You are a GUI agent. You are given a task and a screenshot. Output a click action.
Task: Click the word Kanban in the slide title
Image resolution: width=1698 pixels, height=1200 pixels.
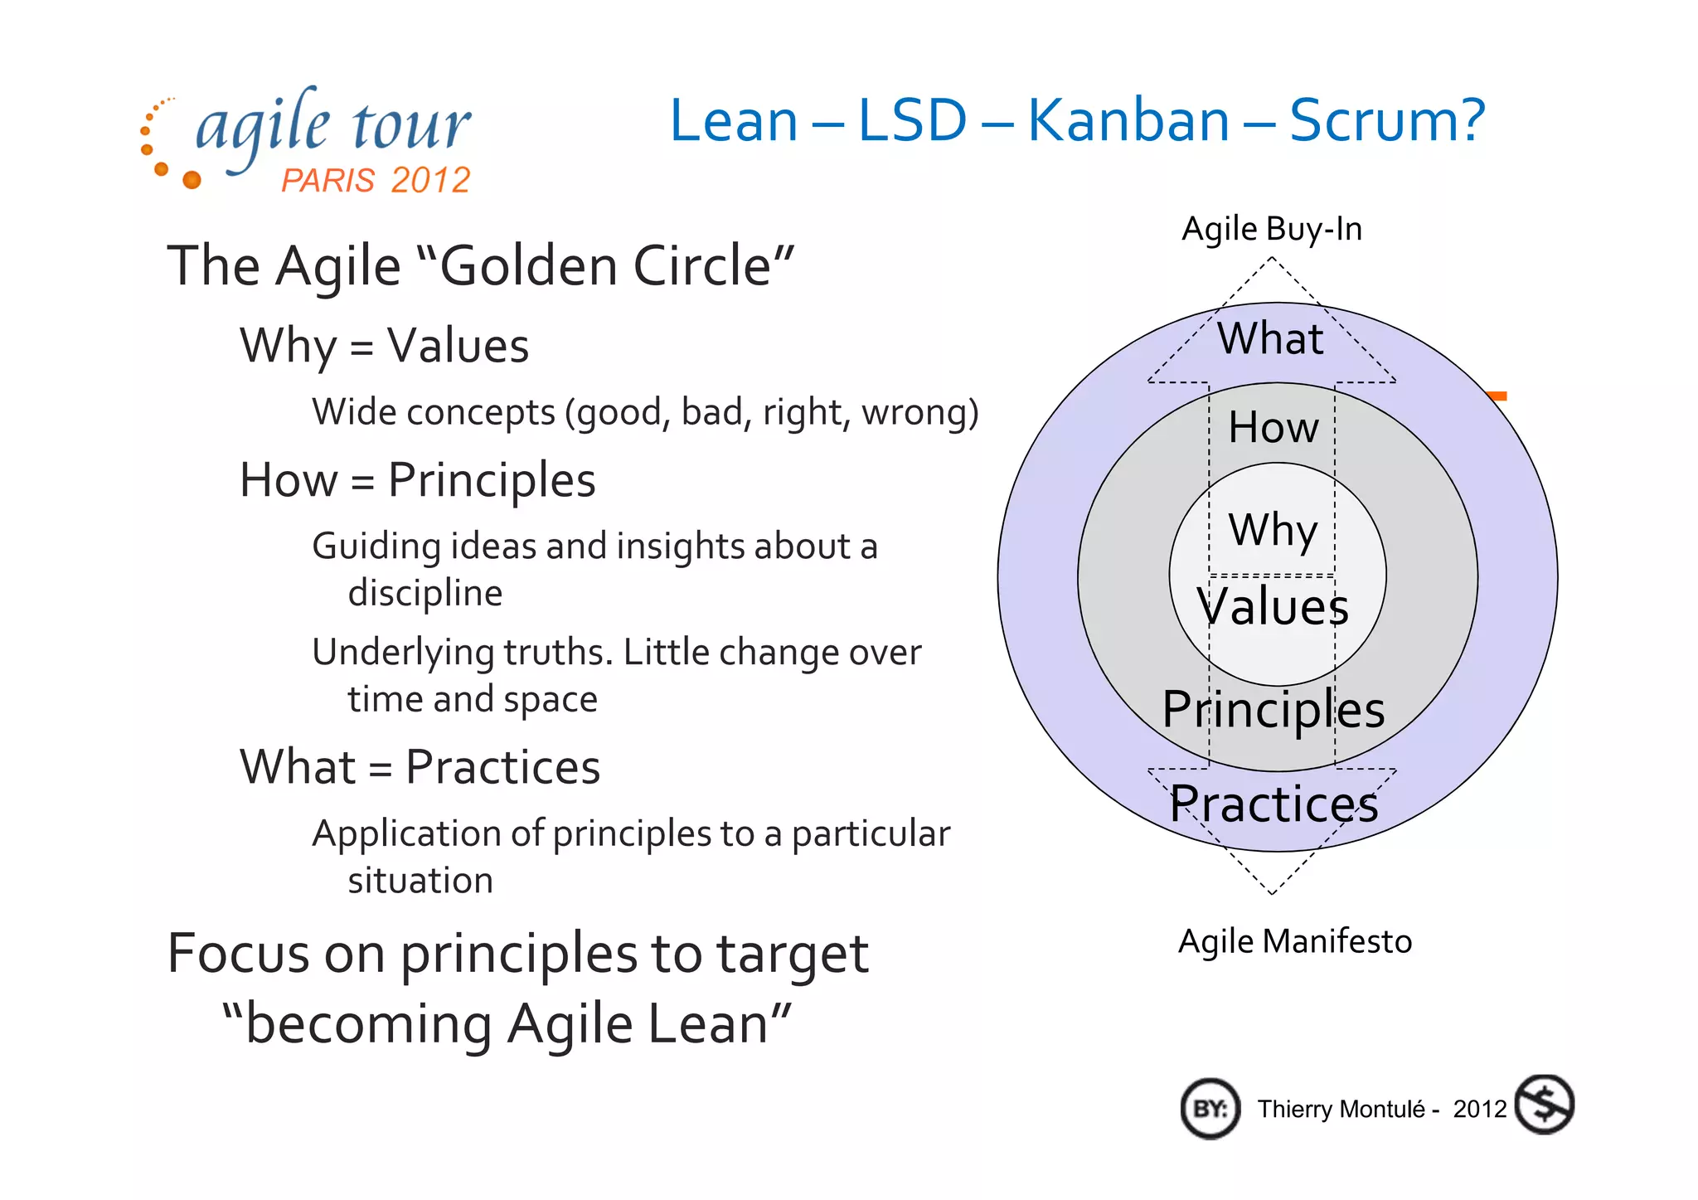coord(1128,121)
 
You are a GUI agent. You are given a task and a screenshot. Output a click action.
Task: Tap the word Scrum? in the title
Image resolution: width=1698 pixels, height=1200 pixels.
coord(1386,121)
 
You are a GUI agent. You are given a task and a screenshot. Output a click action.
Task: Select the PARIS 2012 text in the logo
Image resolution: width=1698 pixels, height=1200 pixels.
coord(376,180)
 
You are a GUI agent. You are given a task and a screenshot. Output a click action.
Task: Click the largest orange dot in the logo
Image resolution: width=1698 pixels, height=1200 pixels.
coord(192,179)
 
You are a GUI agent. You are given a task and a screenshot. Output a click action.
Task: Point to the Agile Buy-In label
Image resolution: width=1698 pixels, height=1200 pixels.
coord(1271,229)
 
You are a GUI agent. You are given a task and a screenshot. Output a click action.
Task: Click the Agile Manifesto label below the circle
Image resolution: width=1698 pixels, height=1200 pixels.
coord(1294,941)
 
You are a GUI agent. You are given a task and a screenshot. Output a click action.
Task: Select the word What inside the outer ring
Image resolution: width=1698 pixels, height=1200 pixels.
coord(1270,338)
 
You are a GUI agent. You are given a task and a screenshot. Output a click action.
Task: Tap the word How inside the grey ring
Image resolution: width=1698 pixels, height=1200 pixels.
coord(1273,427)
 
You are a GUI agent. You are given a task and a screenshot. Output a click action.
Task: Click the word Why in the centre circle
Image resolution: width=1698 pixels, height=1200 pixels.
coord(1273,530)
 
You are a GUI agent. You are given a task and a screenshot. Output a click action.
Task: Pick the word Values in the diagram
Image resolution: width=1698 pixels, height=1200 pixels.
coord(1273,606)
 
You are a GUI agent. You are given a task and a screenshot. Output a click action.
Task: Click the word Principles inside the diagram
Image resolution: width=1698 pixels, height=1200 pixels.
coord(1273,710)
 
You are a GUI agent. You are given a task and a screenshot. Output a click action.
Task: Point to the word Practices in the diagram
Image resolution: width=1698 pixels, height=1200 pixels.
coord(1273,804)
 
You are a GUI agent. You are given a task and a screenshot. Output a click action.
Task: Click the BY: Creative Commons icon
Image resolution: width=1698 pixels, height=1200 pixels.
coord(1210,1109)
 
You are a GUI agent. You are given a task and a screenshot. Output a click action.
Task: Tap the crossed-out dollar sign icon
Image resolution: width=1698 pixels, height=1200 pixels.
coord(1544,1105)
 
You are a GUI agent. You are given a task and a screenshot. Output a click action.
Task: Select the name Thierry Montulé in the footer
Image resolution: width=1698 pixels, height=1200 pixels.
coord(1341,1110)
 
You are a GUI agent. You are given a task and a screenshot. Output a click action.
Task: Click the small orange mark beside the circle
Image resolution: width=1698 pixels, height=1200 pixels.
coord(1497,396)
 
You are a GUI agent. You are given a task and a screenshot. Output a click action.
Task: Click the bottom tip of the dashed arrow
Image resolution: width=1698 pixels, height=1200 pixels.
coord(1271,893)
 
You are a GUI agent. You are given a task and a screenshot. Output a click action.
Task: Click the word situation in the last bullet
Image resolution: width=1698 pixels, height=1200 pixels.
coord(420,881)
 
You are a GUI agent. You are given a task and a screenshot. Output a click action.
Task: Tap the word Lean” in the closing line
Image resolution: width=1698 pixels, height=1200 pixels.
coord(719,1024)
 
